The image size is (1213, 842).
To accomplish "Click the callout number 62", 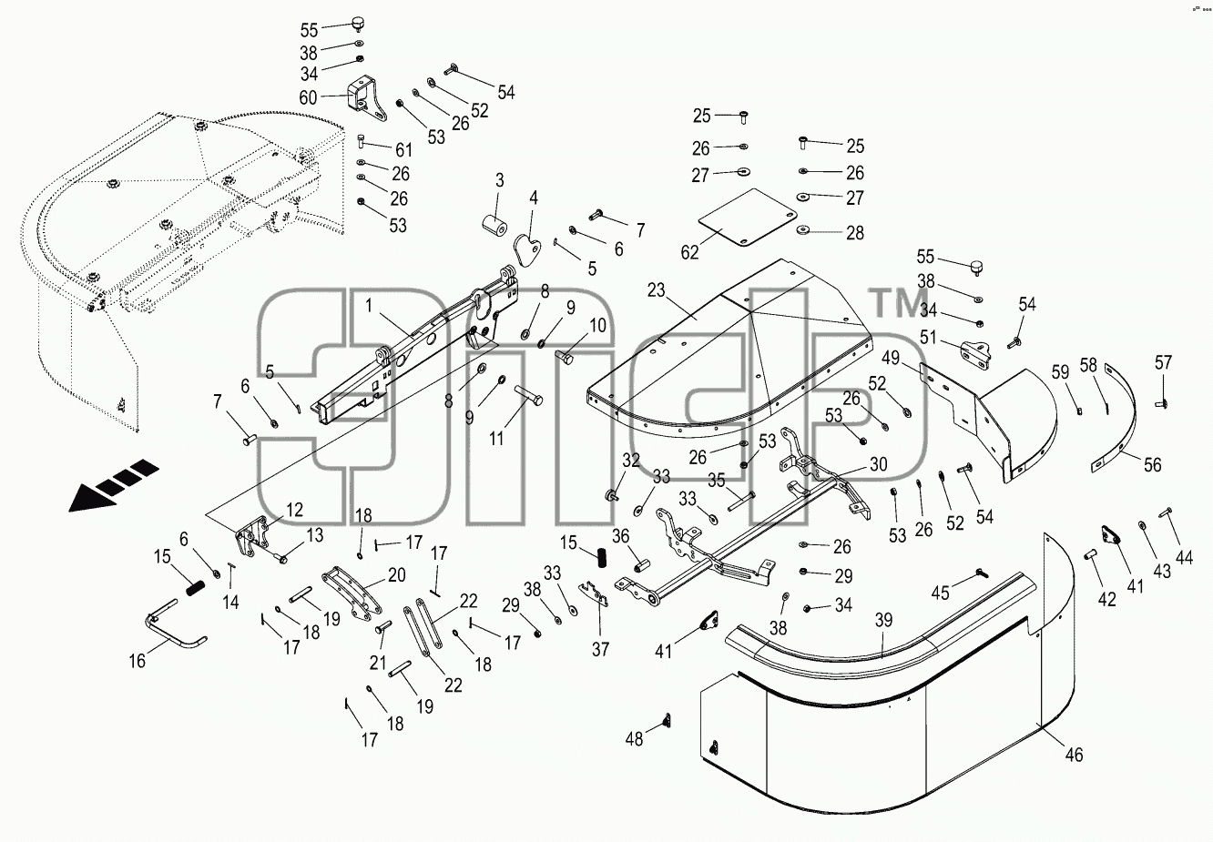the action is pos(689,252).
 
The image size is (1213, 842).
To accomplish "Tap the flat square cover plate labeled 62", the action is pos(748,218).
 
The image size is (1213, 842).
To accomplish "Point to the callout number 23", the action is pos(656,290).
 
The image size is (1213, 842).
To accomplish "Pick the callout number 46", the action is pos(1074,755).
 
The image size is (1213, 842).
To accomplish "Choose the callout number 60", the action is pos(308,97).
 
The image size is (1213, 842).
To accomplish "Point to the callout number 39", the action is pos(883,620).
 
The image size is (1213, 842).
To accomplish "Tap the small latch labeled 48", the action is pos(667,721).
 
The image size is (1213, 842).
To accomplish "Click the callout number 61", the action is pos(404,149).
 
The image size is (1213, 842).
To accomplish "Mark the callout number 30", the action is pos(879,463).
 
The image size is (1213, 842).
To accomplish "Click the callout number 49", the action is pos(891,358).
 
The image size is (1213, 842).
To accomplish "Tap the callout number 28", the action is pos(855,233).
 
